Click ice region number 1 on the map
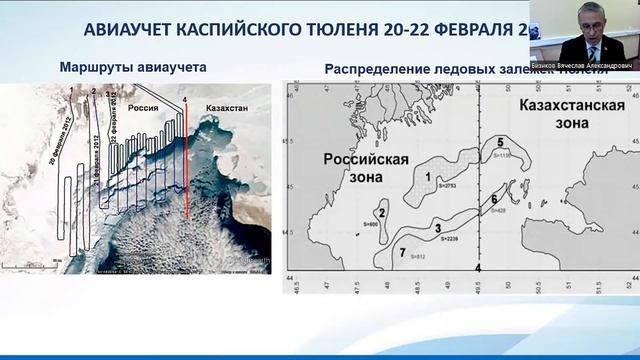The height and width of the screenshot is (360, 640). point(427,176)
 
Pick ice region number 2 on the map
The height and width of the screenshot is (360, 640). point(381,212)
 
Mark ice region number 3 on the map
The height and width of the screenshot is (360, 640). point(437,228)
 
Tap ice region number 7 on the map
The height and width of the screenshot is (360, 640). point(402,252)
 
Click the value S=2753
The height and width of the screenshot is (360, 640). point(440,187)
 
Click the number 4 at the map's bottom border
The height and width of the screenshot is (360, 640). point(479,268)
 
